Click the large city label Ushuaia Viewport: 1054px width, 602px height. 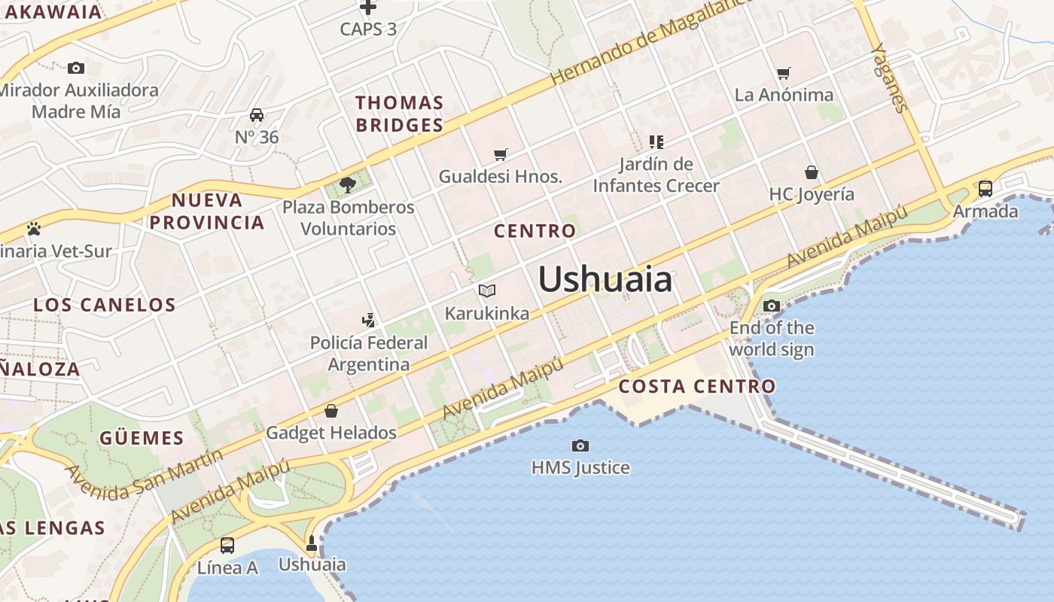tap(605, 279)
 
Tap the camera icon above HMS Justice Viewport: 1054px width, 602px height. tap(580, 445)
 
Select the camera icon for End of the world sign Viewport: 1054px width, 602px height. tap(772, 306)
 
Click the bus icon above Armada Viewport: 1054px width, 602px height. tap(985, 189)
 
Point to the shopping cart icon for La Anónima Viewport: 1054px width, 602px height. tap(784, 73)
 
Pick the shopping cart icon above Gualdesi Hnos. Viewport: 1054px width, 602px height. tap(501, 154)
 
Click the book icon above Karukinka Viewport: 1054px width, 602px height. tap(487, 290)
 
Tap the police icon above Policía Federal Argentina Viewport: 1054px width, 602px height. tap(368, 321)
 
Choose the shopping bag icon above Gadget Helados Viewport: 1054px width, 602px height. tap(331, 411)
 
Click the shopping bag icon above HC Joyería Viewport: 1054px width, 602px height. tap(811, 172)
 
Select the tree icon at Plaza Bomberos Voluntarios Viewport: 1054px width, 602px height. tap(348, 184)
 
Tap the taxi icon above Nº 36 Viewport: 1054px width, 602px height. tap(257, 115)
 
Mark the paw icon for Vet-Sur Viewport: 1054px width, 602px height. tap(34, 229)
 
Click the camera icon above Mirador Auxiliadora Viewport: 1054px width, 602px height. tap(76, 68)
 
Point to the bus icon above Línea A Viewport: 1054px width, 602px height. tap(227, 546)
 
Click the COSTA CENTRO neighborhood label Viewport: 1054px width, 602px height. tap(696, 387)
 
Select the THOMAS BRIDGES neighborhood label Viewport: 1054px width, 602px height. tap(399, 114)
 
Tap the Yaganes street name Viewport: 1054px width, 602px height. tap(888, 77)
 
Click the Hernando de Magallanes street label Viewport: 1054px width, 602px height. tap(651, 41)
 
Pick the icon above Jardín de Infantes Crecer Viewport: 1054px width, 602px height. tap(656, 141)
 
